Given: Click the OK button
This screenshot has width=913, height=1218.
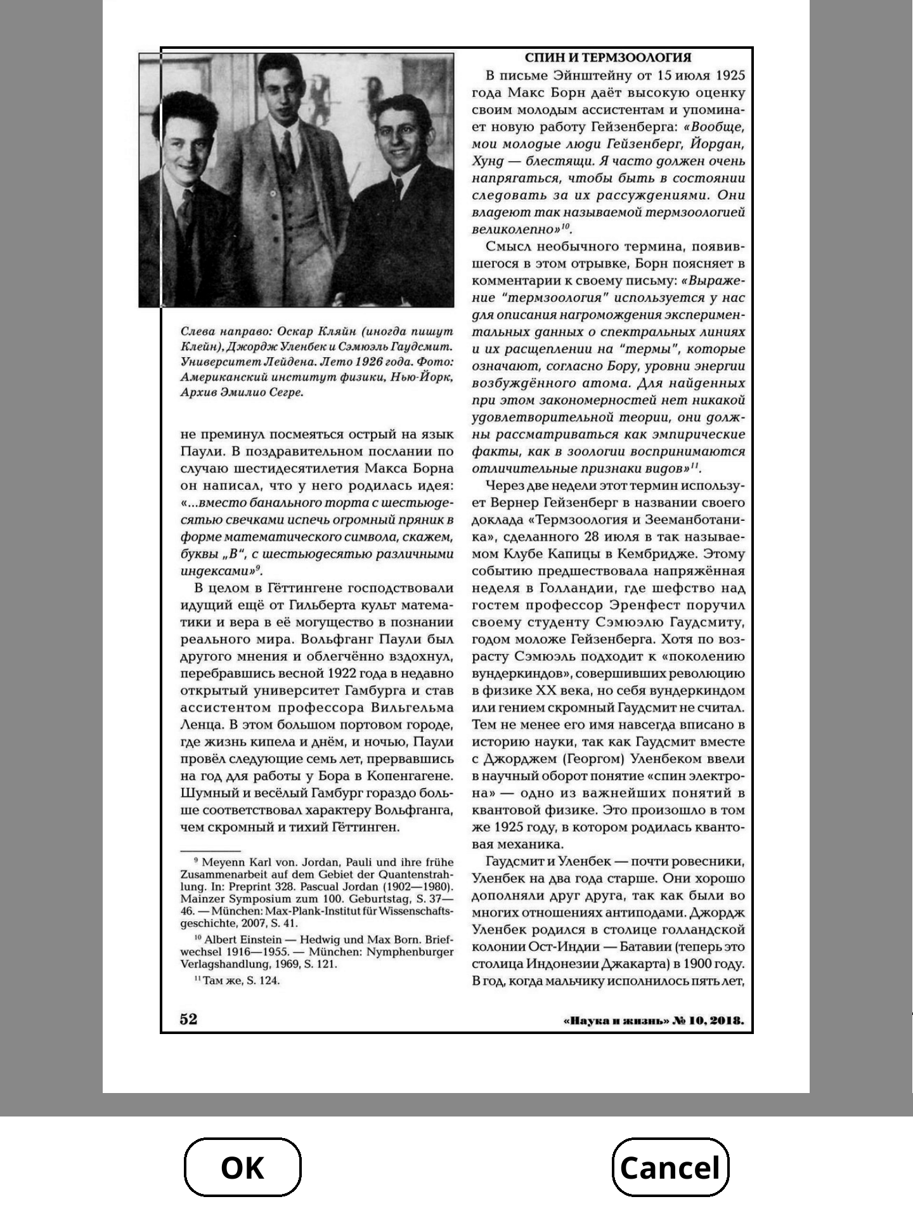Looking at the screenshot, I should (x=242, y=1168).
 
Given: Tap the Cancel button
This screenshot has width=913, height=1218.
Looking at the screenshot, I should (x=670, y=1168).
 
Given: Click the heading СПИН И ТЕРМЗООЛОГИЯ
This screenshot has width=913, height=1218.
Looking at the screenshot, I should (x=607, y=58).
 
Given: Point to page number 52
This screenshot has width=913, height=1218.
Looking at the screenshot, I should (x=189, y=1019).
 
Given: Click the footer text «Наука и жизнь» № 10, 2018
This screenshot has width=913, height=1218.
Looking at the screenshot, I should (x=653, y=1021).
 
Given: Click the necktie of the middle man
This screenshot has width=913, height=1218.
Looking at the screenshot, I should (x=289, y=152).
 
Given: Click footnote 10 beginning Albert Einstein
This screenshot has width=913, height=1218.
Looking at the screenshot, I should (x=316, y=952).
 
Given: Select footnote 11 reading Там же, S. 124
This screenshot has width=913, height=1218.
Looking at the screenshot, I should (x=238, y=981).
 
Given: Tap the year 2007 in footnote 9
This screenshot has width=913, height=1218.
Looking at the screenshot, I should (x=254, y=924).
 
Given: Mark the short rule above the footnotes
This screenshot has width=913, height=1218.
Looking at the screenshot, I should (x=210, y=851).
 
